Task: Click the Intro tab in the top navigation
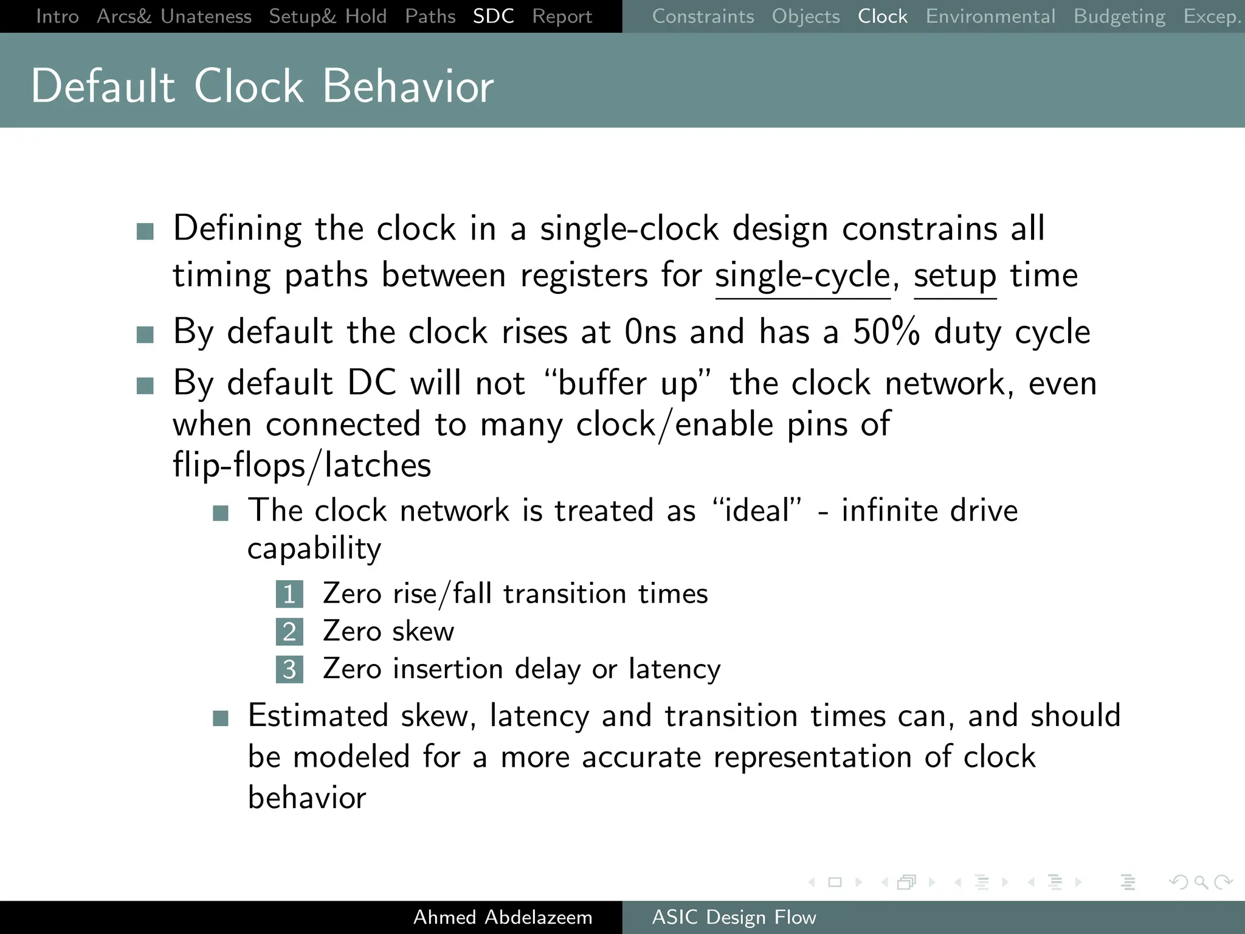click(57, 16)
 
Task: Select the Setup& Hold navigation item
click(328, 16)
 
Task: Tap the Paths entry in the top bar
click(430, 16)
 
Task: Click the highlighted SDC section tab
click(493, 16)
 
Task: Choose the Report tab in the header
click(562, 16)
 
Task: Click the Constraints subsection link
click(703, 16)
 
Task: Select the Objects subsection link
click(805, 16)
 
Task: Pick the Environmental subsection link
click(990, 16)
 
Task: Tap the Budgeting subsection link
click(1119, 16)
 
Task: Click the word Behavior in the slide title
click(408, 86)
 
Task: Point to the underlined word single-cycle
click(802, 275)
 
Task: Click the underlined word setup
click(954, 275)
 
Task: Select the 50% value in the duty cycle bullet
click(886, 332)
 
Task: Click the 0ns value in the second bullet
click(650, 332)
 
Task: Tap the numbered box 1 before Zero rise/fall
click(289, 594)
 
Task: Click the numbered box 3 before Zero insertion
click(289, 669)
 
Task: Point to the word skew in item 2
click(423, 631)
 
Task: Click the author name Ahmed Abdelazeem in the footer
click(503, 917)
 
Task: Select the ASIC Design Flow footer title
click(734, 917)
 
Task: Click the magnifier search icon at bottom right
click(1201, 882)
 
